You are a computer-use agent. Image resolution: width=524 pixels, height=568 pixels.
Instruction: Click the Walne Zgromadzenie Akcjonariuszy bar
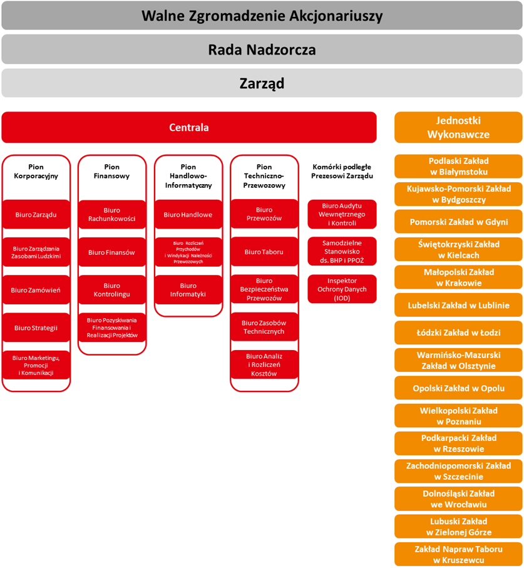pos(262,16)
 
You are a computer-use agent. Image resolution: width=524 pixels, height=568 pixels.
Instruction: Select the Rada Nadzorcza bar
pos(262,49)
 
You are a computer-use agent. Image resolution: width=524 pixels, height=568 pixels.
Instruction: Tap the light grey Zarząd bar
pos(262,83)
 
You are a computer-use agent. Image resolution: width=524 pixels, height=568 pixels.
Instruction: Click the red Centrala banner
pos(189,128)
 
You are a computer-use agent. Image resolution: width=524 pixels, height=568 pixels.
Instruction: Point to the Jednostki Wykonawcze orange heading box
pos(458,128)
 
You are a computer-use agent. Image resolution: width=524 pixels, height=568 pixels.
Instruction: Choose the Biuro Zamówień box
pos(36,290)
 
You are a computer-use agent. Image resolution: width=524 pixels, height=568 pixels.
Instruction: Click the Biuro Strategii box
pos(36,328)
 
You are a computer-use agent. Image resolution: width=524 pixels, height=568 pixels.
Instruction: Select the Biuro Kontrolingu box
pos(112,290)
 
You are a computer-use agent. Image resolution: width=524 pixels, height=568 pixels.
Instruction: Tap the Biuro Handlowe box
pos(188,215)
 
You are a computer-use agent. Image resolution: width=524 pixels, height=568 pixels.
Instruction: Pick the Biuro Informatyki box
pos(188,290)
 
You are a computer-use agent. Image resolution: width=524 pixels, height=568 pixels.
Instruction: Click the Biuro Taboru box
pos(264,252)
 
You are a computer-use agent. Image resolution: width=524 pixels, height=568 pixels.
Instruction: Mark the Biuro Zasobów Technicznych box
pos(264,327)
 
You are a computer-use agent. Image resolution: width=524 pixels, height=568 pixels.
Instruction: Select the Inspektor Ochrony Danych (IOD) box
pos(342,289)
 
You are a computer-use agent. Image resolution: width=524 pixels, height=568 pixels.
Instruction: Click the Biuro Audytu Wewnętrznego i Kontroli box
pos(342,215)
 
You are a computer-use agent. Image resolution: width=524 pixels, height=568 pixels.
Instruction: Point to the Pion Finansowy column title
pos(112,172)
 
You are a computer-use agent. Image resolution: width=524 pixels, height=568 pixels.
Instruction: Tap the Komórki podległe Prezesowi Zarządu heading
pos(342,172)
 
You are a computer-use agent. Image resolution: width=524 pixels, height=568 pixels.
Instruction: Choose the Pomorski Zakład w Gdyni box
pos(458,222)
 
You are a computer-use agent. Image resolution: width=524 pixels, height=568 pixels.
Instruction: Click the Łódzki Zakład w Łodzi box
pos(458,333)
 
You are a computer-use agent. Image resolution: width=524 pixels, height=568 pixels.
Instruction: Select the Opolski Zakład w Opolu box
pos(458,388)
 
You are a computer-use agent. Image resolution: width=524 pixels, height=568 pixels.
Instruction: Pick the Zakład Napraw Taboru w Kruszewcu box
pos(458,554)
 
